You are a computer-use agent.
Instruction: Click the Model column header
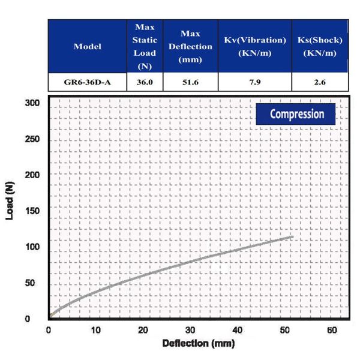(x=88, y=47)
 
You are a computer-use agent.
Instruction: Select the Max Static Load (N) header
(x=145, y=47)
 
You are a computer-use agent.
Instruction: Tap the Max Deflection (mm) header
(x=190, y=47)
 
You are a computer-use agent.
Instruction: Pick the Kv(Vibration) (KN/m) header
(x=255, y=47)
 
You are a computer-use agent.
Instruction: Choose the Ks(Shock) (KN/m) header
(x=320, y=47)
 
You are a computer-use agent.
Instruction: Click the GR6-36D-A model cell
(x=87, y=82)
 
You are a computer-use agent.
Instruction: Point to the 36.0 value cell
(x=145, y=82)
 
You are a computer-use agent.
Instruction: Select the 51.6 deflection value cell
(x=190, y=82)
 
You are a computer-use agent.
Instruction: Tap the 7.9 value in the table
(x=255, y=82)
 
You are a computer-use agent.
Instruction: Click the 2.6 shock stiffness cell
(x=320, y=82)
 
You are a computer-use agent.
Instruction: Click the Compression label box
(x=296, y=114)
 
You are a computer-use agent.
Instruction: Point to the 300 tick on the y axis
(x=32, y=103)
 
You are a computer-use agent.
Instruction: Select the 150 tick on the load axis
(x=32, y=211)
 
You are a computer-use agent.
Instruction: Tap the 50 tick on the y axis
(x=30, y=283)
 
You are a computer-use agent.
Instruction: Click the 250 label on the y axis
(x=32, y=139)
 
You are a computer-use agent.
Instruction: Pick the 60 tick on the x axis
(x=332, y=330)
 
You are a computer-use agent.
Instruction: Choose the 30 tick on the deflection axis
(x=190, y=330)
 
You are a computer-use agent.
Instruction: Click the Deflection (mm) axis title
(x=199, y=343)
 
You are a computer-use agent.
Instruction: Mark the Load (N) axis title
(x=10, y=200)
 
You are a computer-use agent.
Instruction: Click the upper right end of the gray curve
(x=293, y=237)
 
